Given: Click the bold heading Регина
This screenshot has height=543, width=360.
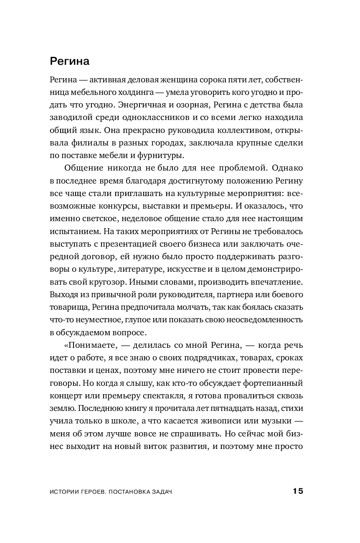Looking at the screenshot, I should (70, 61).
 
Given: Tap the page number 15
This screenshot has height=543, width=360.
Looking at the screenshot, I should (297, 491).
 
